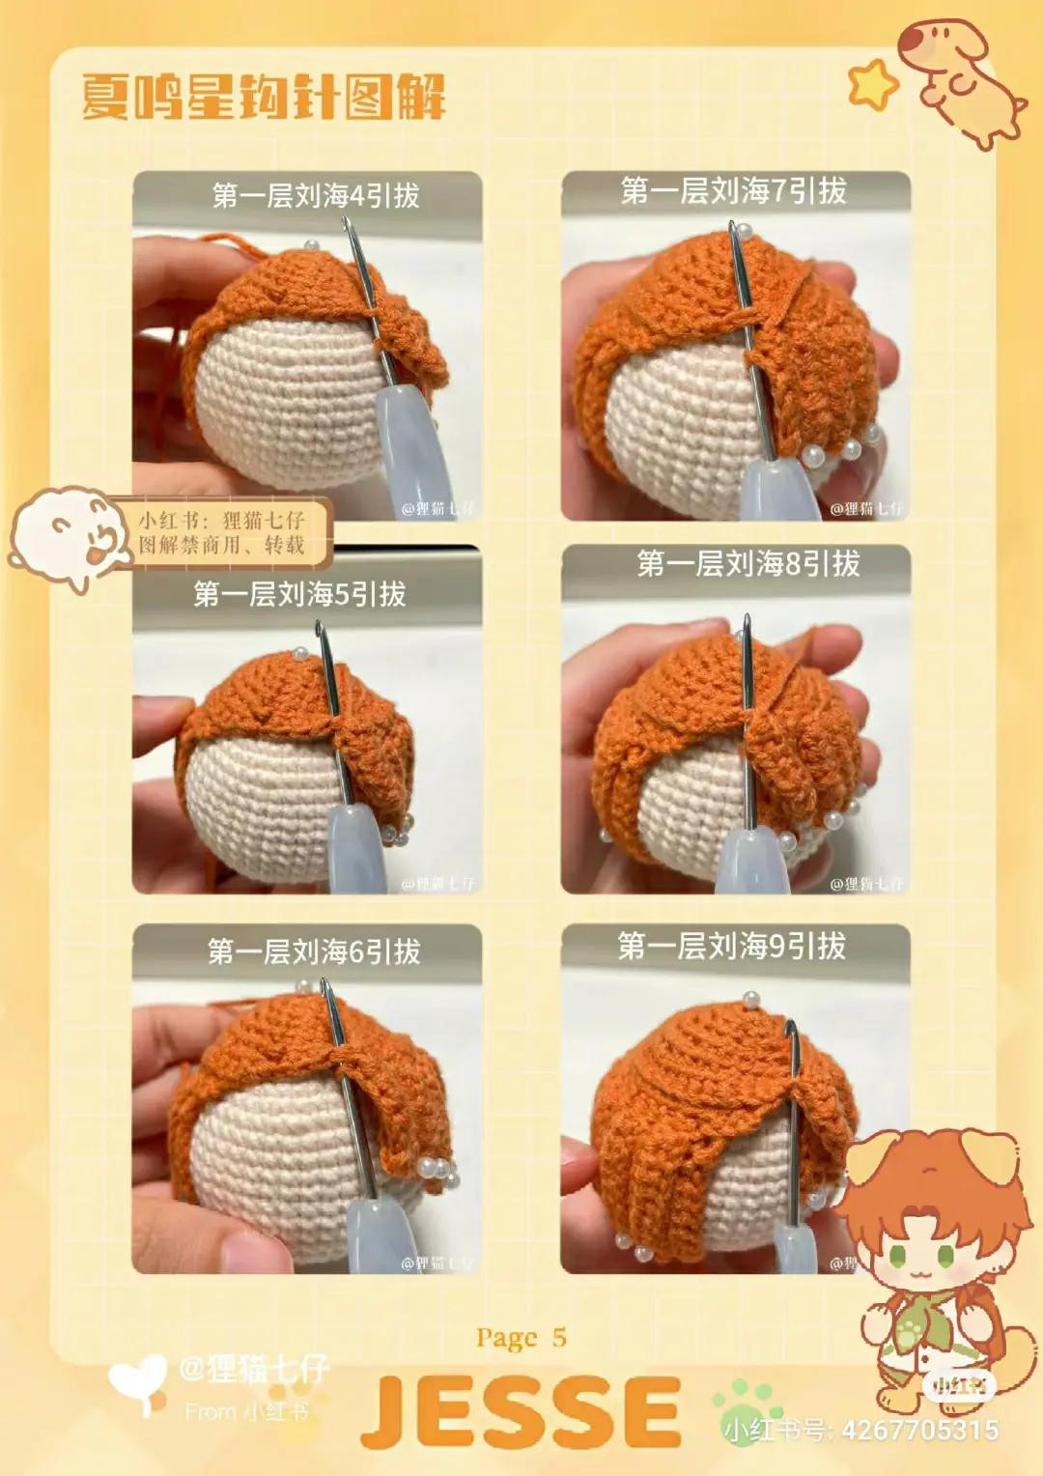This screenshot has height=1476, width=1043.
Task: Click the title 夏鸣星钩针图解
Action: click(x=263, y=98)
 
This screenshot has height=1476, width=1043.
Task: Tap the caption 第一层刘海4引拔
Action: click(x=316, y=196)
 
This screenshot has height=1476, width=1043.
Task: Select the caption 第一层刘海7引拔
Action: click(x=733, y=191)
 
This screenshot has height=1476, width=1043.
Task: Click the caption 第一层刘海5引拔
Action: click(x=299, y=594)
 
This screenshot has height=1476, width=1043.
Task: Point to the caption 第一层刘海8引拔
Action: click(x=747, y=563)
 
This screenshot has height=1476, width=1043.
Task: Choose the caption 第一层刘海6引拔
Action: click(x=314, y=951)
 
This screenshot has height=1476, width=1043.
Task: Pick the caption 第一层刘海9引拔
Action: click(x=731, y=946)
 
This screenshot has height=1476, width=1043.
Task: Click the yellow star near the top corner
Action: click(x=872, y=83)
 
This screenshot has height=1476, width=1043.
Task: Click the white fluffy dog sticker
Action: click(x=70, y=537)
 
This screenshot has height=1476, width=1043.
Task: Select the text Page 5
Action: click(x=521, y=1338)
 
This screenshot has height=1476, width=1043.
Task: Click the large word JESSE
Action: click(x=521, y=1412)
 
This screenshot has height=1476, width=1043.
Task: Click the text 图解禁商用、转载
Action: click(x=221, y=545)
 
